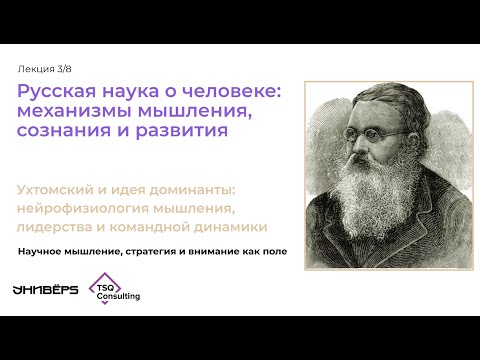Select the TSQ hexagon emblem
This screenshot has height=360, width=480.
click(105, 285)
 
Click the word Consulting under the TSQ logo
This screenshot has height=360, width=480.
click(119, 298)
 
